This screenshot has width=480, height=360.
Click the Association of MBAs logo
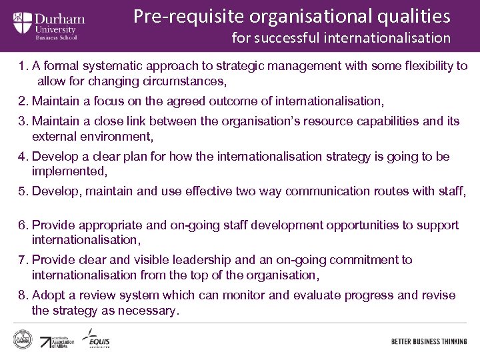click(57, 341)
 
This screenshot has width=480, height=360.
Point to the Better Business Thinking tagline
click(429, 341)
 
